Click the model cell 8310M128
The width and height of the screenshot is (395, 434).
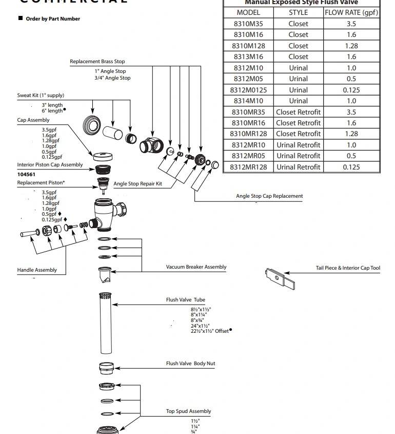tap(248, 46)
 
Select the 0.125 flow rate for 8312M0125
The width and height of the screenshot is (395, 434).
tap(351, 90)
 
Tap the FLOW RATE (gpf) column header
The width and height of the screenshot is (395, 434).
tap(351, 12)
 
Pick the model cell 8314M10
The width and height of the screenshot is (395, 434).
tap(248, 101)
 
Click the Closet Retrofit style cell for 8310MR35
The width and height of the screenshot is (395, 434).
tap(298, 112)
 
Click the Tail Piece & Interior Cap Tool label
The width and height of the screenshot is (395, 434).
tap(348, 268)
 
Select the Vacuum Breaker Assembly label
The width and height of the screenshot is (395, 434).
tap(196, 267)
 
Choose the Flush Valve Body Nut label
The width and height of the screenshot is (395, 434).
tap(190, 364)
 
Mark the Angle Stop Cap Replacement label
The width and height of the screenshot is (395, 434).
tap(269, 196)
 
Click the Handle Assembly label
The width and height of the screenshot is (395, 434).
tap(37, 270)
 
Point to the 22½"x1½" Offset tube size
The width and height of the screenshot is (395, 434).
tap(210, 331)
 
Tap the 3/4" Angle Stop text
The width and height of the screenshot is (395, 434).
tap(112, 78)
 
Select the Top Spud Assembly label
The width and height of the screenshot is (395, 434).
tap(188, 411)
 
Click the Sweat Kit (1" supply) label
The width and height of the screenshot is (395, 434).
tap(41, 96)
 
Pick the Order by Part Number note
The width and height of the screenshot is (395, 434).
tap(53, 19)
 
